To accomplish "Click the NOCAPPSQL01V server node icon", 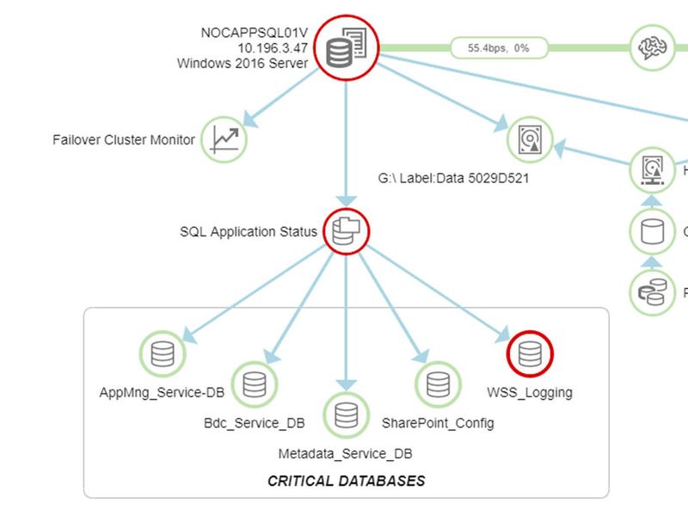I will [346, 48].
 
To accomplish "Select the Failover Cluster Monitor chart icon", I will [224, 139].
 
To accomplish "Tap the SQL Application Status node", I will [345, 231].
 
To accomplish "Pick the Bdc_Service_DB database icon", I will [255, 384].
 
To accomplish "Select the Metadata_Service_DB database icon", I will [346, 414].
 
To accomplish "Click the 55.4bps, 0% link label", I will [499, 48].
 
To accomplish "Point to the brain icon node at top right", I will [653, 47].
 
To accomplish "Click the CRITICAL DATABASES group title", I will [346, 481].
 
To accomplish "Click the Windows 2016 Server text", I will [243, 63].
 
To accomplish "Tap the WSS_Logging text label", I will [530, 393].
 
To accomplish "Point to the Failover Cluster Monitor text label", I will [124, 139].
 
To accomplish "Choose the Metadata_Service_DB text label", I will [346, 453].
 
